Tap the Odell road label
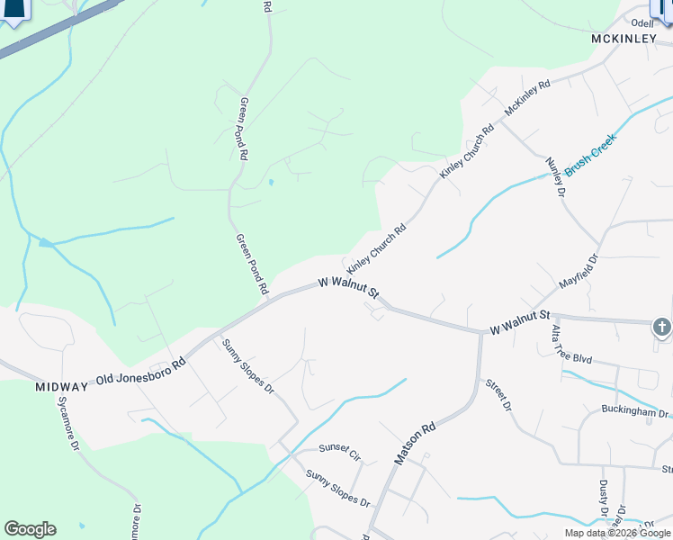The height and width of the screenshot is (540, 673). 642,22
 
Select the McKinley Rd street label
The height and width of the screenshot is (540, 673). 527,97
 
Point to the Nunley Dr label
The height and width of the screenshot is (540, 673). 555,177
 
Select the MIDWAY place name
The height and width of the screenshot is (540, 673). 61,387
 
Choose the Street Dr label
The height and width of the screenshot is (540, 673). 498,395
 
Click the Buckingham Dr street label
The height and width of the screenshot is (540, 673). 635,413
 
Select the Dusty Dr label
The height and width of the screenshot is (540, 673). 604,502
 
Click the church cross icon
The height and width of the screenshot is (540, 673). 662,328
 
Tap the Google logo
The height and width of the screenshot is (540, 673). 30,529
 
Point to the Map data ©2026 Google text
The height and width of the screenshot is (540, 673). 618,533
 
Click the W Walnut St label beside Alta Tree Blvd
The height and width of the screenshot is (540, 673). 519,321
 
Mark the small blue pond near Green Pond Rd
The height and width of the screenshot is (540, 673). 270,183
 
